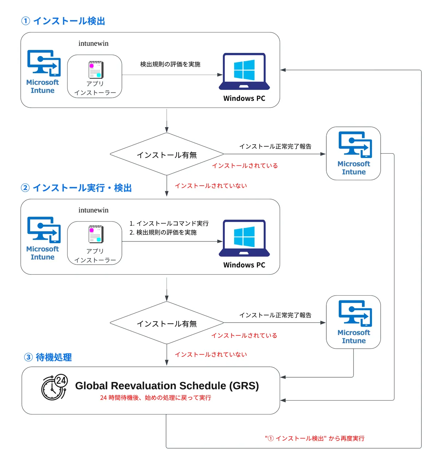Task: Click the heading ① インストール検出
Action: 63,21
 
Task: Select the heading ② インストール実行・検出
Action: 76,188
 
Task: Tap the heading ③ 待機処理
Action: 48,357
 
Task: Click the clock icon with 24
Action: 55,387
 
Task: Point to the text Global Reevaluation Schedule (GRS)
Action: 167,386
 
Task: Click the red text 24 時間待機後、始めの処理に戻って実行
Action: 155,398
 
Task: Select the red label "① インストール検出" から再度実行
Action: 315,438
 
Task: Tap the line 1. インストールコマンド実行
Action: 169,223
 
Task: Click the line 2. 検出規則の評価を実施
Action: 163,232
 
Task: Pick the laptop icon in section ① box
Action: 244,72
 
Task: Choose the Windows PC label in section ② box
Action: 244,265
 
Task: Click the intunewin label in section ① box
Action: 94,43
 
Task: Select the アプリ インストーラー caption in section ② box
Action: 95,256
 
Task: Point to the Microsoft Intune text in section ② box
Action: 43,253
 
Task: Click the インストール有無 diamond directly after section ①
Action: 167,155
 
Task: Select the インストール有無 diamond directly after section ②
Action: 167,324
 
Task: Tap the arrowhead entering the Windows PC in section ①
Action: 220,75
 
